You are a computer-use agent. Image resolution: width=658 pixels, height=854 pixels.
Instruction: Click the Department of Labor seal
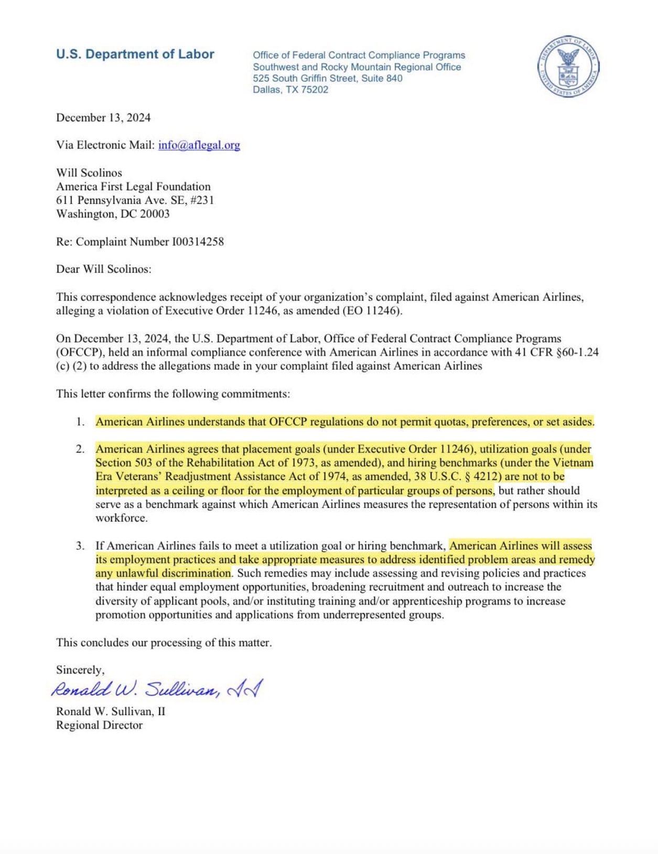[569, 67]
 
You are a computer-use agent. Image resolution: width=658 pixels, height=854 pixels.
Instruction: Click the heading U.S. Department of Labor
[135, 54]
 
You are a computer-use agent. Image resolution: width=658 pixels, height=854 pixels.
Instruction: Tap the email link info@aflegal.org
[199, 145]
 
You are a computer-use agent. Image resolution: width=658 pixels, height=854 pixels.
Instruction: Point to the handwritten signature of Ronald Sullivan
[157, 689]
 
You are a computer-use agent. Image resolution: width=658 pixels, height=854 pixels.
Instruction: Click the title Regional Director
[99, 726]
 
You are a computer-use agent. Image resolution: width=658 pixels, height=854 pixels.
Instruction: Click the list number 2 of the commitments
[80, 449]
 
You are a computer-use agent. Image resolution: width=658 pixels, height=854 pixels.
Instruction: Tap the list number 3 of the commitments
[80, 546]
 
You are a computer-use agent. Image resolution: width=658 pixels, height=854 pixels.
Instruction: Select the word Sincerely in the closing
[80, 670]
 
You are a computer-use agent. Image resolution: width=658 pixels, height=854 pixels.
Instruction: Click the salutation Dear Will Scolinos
[103, 269]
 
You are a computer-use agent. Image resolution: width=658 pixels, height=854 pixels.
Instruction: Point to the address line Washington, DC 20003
[113, 214]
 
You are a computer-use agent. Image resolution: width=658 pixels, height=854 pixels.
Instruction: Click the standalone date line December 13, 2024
[103, 118]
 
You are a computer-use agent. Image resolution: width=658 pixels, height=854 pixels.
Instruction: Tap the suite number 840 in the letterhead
[394, 78]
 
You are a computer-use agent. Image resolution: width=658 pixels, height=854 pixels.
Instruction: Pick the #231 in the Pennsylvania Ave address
[202, 200]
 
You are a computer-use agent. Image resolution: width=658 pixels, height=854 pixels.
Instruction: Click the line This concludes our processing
[164, 643]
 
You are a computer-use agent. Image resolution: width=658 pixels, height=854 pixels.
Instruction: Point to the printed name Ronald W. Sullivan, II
[111, 712]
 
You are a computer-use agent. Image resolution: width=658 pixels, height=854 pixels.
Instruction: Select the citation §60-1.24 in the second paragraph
[572, 352]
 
